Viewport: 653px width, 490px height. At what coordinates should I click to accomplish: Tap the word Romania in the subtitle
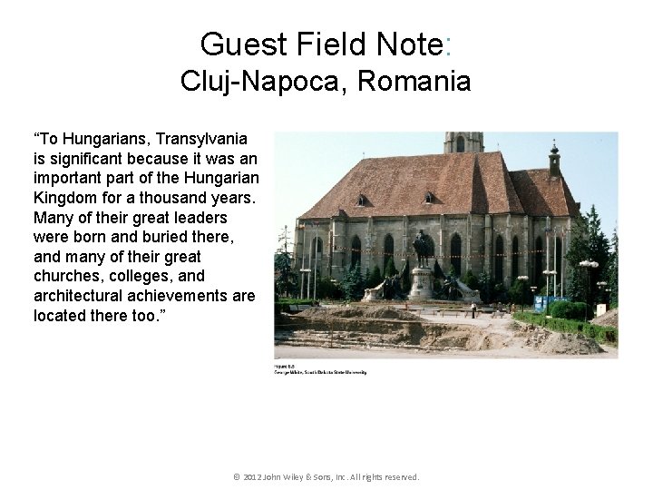click(414, 82)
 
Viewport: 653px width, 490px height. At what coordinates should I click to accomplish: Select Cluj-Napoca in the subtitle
click(264, 82)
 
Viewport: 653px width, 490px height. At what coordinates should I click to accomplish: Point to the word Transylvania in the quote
click(201, 139)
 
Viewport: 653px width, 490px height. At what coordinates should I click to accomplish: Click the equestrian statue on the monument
click(423, 246)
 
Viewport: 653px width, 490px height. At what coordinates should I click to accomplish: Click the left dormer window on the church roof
click(363, 200)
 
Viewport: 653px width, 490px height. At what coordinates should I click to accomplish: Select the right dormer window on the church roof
click(428, 197)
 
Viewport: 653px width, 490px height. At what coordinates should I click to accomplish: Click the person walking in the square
click(473, 310)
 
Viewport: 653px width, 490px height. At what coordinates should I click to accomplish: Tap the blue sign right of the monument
click(541, 303)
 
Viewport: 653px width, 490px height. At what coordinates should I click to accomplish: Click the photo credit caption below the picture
click(320, 369)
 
